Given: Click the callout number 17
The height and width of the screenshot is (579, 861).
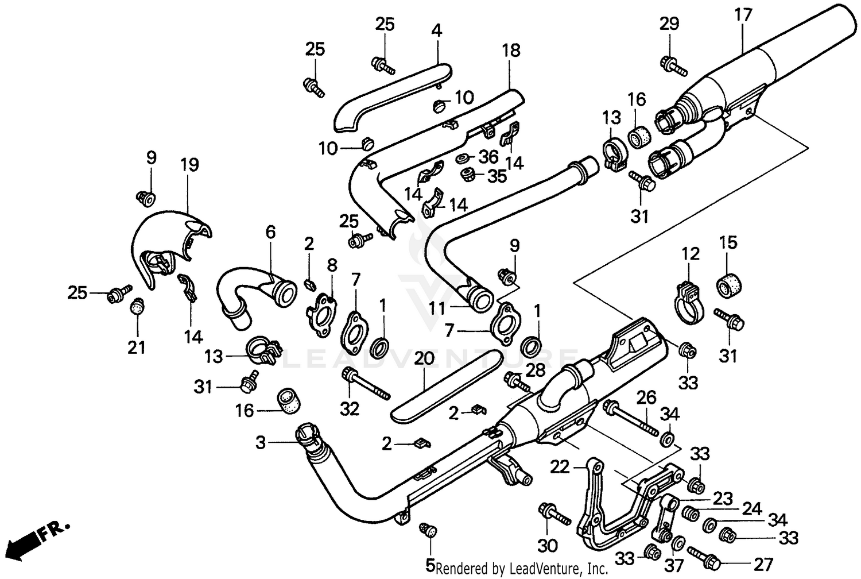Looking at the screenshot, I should (743, 14).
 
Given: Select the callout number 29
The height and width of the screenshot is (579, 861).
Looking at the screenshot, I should (669, 24).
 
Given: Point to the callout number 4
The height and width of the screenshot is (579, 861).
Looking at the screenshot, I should (437, 30).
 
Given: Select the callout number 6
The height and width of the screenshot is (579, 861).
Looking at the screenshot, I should (270, 232).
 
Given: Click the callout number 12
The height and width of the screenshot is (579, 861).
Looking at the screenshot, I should (691, 253).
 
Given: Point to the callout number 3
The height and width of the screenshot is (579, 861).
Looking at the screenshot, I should (261, 443).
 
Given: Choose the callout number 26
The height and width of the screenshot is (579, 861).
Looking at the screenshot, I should (646, 397).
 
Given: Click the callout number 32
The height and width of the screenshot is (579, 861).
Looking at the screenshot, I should (349, 408).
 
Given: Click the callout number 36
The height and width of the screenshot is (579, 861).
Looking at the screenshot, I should (489, 156).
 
